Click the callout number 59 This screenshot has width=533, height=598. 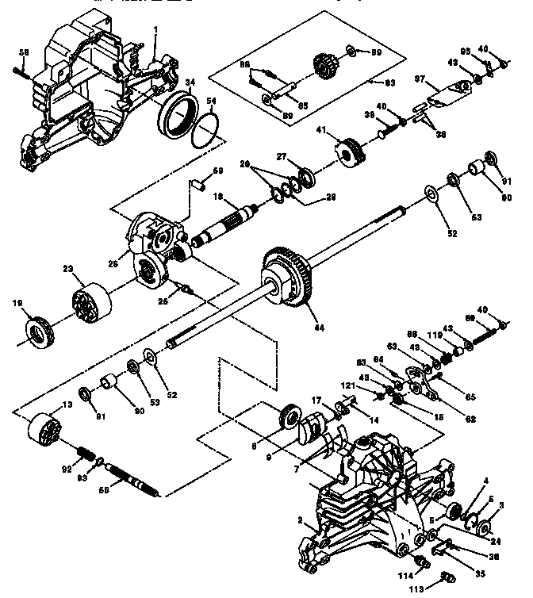point(217,171)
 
